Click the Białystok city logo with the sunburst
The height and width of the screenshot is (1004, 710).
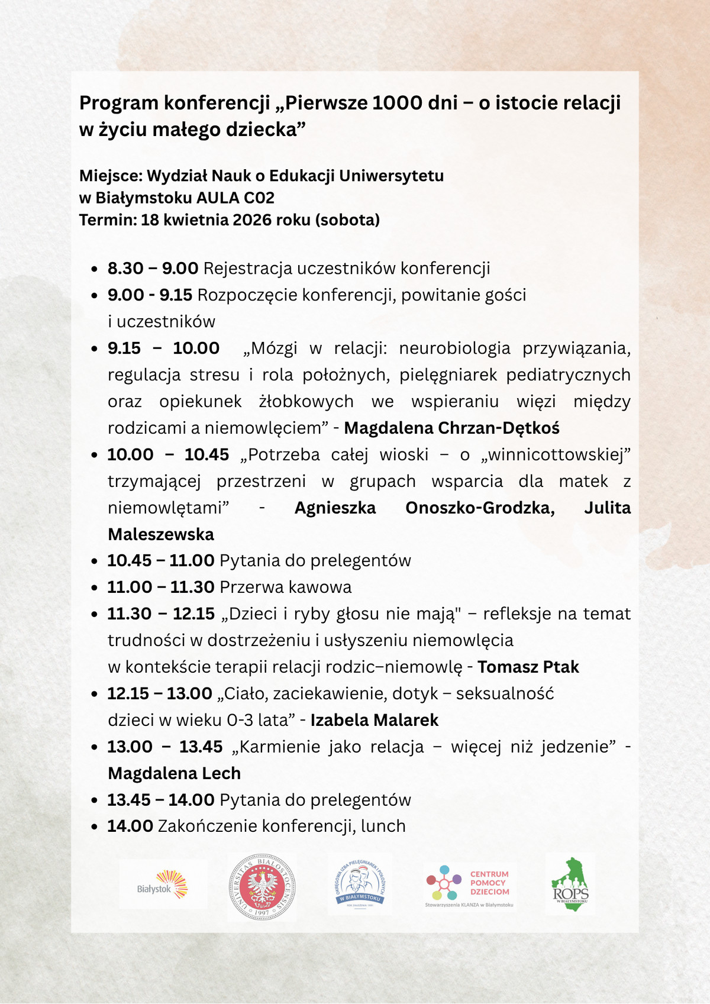click(163, 885)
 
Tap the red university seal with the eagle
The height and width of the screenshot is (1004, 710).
click(262, 887)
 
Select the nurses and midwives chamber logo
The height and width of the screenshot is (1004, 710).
click(360, 885)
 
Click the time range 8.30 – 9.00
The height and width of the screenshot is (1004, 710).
click(153, 269)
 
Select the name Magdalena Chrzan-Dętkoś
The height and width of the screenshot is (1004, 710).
click(451, 428)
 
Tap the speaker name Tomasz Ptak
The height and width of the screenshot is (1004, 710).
click(528, 667)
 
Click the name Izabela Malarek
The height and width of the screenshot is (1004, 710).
click(374, 720)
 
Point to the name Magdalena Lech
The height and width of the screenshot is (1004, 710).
click(174, 773)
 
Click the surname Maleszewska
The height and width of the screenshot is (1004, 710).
click(161, 534)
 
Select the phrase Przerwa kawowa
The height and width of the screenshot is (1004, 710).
click(285, 587)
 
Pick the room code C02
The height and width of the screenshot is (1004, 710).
click(259, 198)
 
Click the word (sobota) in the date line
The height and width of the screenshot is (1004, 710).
click(347, 220)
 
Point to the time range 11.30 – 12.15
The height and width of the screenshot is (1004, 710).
click(161, 614)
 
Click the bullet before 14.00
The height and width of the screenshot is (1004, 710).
click(94, 827)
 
